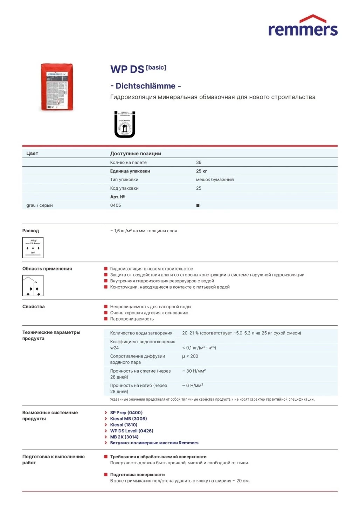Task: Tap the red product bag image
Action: [57, 87]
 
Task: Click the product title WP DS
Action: [127, 69]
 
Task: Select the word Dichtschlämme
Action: [145, 86]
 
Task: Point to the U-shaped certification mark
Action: [125, 125]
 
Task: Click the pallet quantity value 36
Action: [199, 162]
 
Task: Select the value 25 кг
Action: [201, 171]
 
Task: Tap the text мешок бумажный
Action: [215, 179]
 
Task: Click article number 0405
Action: [116, 205]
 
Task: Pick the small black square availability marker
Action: [198, 205]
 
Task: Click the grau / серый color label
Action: [40, 205]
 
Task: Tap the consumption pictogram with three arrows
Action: [33, 248]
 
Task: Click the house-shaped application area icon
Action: [33, 285]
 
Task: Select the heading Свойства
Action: [34, 306]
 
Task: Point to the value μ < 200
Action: [190, 356]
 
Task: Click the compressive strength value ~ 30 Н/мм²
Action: [194, 371]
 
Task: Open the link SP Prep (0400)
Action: [126, 412]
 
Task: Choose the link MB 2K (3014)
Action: [124, 437]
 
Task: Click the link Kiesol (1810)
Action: [124, 425]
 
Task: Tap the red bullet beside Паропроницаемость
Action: [106, 319]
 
